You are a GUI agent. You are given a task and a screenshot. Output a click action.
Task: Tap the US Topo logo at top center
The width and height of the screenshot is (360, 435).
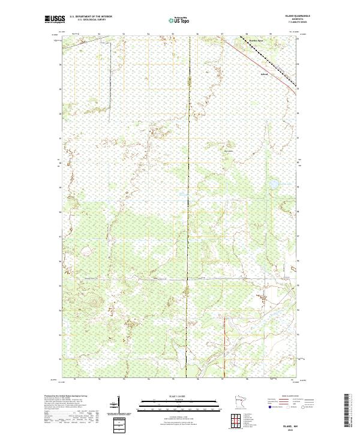(x=181, y=20)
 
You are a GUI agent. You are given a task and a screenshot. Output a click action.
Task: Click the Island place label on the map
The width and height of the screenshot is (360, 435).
(x=263, y=74)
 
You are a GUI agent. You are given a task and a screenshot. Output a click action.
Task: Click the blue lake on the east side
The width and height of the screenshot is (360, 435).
(x=272, y=184)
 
